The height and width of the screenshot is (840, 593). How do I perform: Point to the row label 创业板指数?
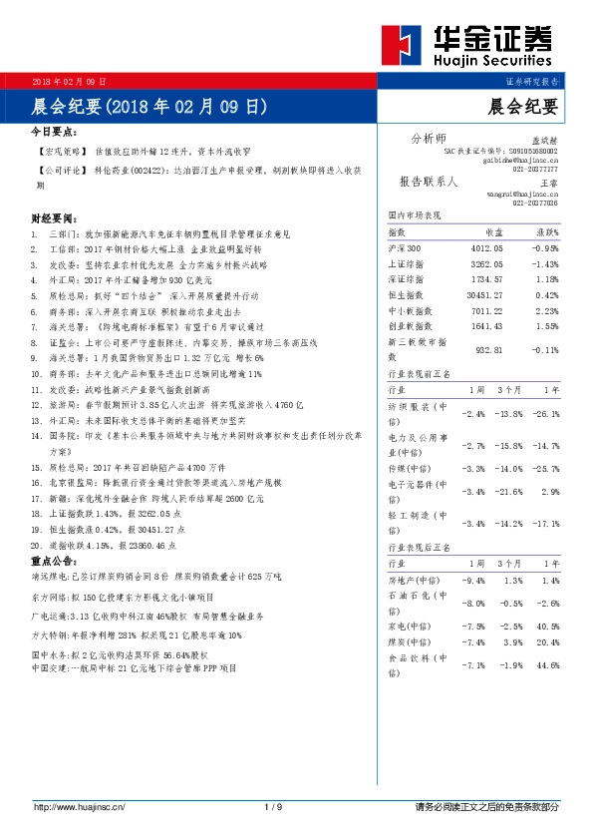point(410,325)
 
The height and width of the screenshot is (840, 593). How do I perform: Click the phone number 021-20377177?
point(535,170)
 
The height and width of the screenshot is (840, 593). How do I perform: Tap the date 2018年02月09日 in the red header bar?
point(70,80)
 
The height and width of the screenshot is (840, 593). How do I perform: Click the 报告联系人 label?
point(428,183)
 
